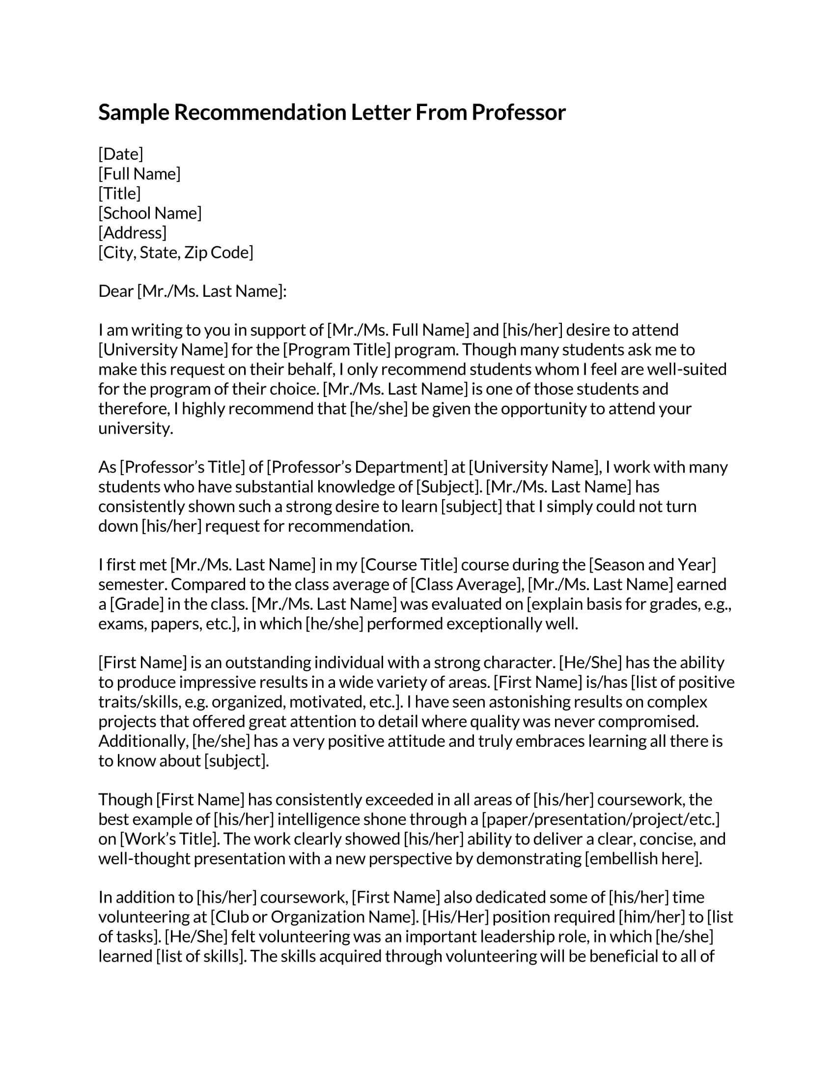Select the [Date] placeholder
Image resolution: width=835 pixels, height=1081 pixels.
(x=121, y=154)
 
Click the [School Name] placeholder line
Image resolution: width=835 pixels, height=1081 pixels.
(x=150, y=213)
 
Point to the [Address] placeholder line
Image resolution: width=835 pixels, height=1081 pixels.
(x=133, y=233)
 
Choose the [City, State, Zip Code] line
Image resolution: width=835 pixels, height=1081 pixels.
(x=176, y=253)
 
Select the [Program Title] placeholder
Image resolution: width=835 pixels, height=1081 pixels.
(x=337, y=350)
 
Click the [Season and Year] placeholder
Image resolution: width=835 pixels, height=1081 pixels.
(x=652, y=565)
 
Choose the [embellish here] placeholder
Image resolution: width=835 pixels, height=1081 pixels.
(x=642, y=859)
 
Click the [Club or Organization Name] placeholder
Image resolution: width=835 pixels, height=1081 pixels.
(x=315, y=917)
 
